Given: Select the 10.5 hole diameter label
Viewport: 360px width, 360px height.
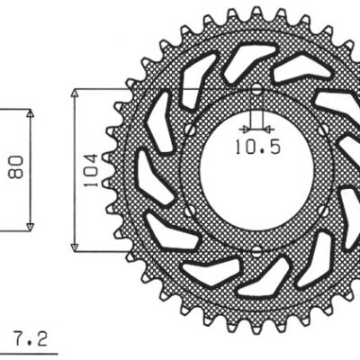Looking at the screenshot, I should [x=256, y=145].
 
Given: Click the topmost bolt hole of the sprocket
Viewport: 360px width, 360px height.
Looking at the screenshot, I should [x=256, y=89].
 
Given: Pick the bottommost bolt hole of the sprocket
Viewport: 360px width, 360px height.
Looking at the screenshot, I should [x=256, y=249].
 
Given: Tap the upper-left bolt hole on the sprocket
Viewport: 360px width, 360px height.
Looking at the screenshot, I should [x=188, y=130].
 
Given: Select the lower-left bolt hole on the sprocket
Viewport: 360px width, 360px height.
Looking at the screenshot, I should [x=188, y=209].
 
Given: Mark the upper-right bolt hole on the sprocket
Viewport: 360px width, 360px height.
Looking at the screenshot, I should [x=326, y=130].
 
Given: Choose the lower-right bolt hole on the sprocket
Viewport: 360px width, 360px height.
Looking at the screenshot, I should [x=326, y=209].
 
